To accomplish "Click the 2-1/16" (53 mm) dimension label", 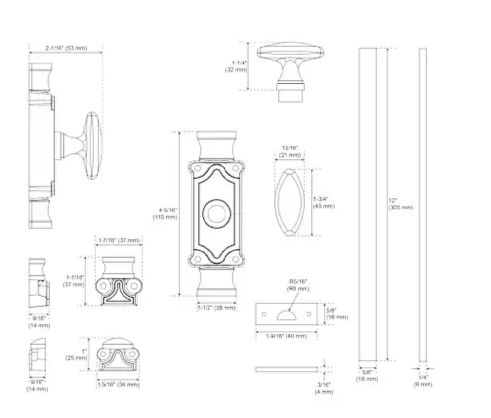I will (x=66, y=48).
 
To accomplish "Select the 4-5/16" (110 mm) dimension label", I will (x=164, y=213).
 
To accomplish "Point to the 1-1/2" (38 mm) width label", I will (x=216, y=308).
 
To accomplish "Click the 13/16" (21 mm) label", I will (x=290, y=152).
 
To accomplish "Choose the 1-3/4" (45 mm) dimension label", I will (x=324, y=202).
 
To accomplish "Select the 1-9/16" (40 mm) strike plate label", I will (x=286, y=336).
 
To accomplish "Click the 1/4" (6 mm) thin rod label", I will (x=423, y=380).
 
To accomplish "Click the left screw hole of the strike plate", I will (x=264, y=313).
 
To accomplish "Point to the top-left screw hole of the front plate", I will (x=198, y=168).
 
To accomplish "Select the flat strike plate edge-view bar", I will (x=286, y=369).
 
